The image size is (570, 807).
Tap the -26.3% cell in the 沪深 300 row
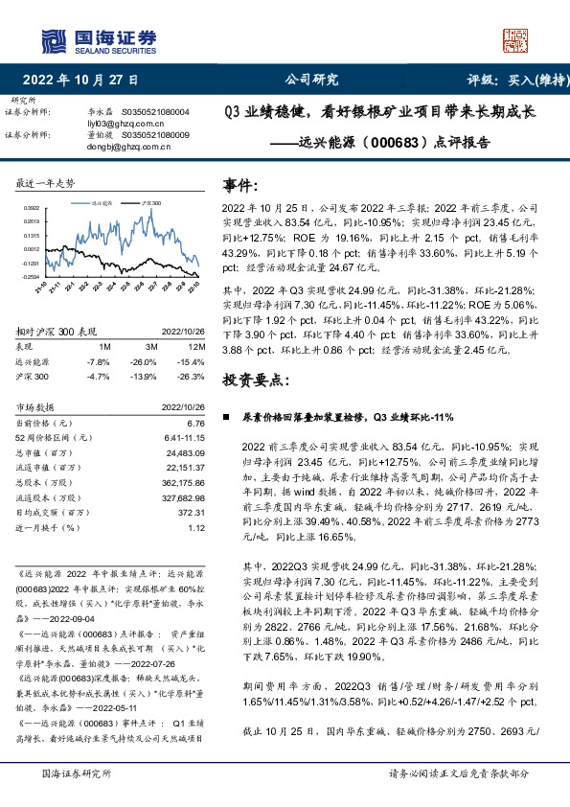click(192, 377)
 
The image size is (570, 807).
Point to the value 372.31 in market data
click(191, 513)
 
